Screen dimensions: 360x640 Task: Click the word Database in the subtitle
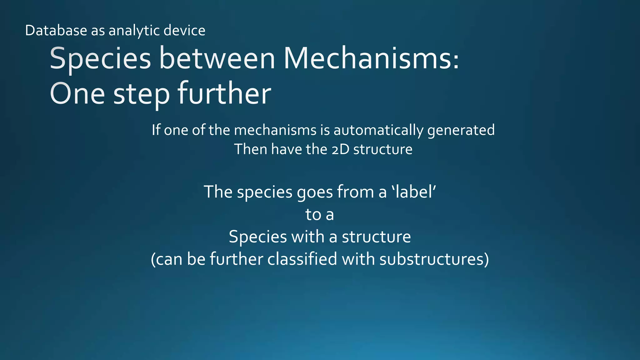tap(56, 31)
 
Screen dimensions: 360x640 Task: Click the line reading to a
tap(320, 214)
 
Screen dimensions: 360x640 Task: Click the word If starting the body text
tap(156, 130)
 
